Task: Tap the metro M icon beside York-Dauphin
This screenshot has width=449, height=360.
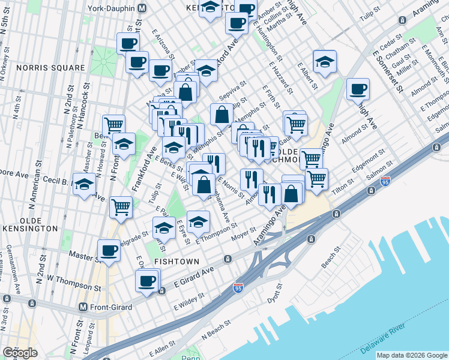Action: tap(142, 9)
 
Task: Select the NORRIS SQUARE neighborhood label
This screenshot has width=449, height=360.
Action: tap(51, 68)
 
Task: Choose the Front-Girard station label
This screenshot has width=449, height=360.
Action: tap(121, 307)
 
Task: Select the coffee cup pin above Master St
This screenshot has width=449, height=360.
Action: tap(109, 250)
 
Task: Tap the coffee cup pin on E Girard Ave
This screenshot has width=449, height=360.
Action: tap(146, 280)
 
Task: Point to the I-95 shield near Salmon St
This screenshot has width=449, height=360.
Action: tap(385, 180)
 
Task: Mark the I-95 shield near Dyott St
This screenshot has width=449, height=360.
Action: tap(238, 289)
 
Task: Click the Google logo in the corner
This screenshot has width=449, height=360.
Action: tap(20, 353)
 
